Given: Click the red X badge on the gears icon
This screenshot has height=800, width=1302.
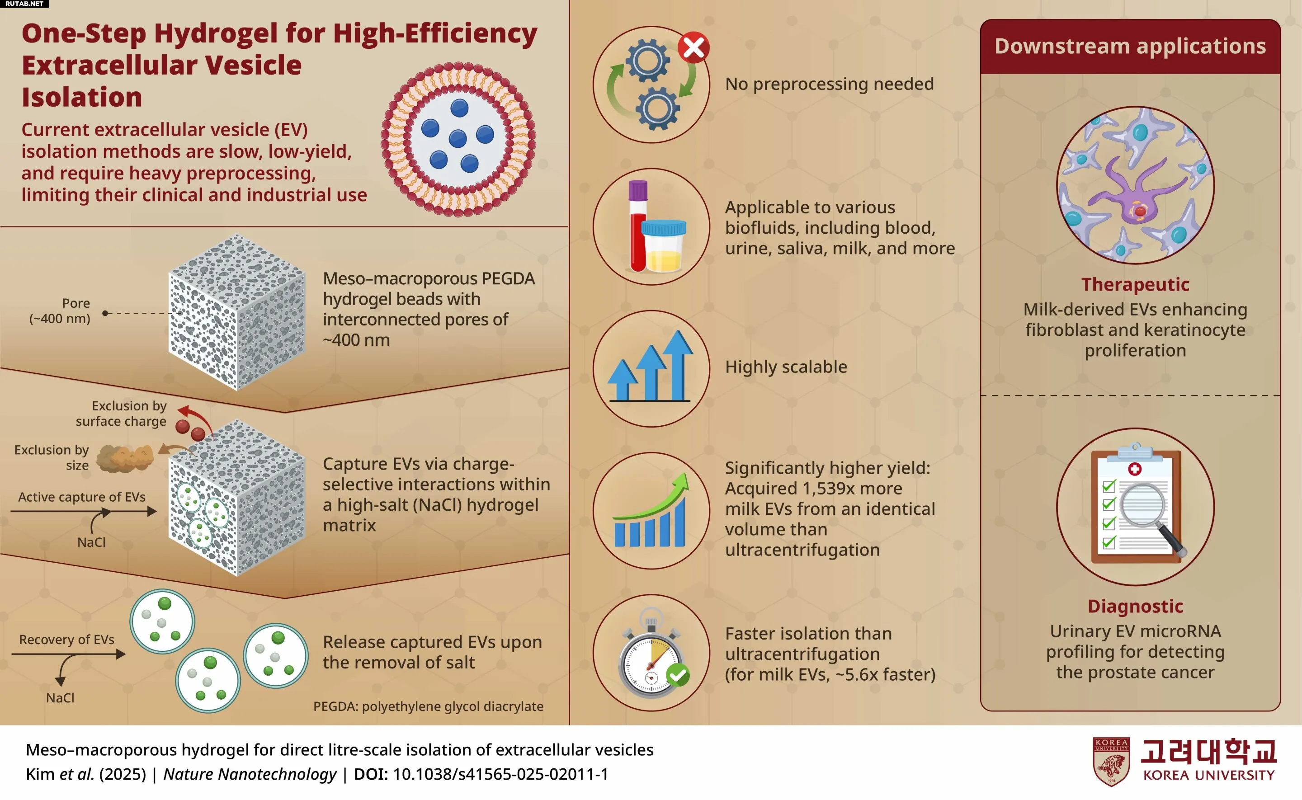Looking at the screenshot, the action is pyautogui.click(x=693, y=47).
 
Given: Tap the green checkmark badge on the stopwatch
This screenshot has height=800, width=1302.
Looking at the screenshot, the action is pyautogui.click(x=678, y=675).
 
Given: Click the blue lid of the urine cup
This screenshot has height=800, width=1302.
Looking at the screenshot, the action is pyautogui.click(x=664, y=227).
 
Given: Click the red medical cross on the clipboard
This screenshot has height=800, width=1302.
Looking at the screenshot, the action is pyautogui.click(x=1135, y=469).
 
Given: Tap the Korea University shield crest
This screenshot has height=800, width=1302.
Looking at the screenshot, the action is pyautogui.click(x=1112, y=762).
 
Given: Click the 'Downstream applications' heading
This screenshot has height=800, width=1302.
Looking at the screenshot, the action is pyautogui.click(x=1130, y=46).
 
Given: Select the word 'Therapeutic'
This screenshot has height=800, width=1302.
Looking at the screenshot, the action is pyautogui.click(x=1135, y=285).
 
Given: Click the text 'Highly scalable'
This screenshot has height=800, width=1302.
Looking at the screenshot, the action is pyautogui.click(x=786, y=367).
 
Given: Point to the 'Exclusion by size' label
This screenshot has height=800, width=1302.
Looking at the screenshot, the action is pyautogui.click(x=52, y=457).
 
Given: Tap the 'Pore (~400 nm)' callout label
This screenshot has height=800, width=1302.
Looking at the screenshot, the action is pyautogui.click(x=60, y=311).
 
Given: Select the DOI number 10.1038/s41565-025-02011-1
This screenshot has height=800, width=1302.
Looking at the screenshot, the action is pyautogui.click(x=500, y=774).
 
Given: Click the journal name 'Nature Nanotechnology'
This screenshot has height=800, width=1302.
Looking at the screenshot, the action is pyautogui.click(x=250, y=774).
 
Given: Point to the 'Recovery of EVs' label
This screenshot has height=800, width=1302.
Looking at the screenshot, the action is pyautogui.click(x=66, y=640).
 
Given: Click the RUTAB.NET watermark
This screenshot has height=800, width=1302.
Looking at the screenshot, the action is pyautogui.click(x=24, y=4).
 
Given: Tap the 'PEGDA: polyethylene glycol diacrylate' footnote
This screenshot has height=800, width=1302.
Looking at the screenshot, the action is pyautogui.click(x=429, y=706).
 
